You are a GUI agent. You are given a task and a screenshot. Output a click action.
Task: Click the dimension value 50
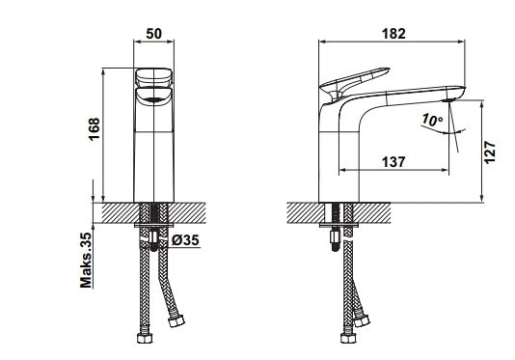[154, 34]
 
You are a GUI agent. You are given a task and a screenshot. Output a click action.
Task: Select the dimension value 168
[94, 129]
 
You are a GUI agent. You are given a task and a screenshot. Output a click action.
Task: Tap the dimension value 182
[393, 34]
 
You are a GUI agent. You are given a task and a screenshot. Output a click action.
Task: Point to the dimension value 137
[393, 162]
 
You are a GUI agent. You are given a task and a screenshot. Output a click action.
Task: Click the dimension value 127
[489, 152]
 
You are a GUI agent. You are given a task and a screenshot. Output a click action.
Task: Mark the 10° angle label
[433, 120]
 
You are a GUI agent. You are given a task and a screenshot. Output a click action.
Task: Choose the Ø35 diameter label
[185, 240]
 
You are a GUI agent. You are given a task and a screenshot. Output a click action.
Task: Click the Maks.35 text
[86, 260]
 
